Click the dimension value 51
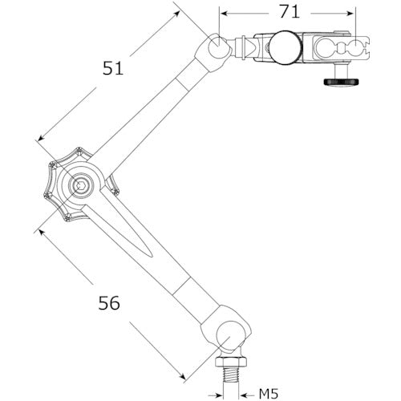click(113, 69)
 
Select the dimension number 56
click(110, 303)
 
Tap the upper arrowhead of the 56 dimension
click(38, 230)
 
